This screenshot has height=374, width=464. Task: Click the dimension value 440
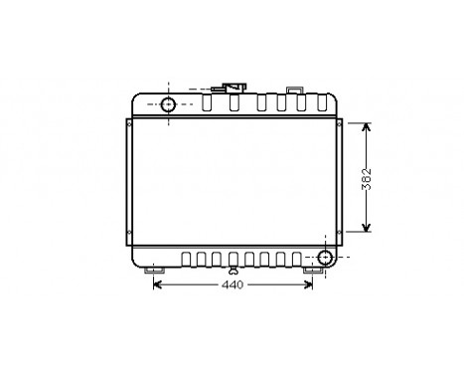pyautogui.click(x=231, y=285)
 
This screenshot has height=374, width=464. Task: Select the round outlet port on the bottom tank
pyautogui.click(x=324, y=260)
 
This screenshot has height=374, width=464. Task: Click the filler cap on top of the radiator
pyautogui.click(x=234, y=88)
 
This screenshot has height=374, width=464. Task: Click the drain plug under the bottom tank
pyautogui.click(x=232, y=271)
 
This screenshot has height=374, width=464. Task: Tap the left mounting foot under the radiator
pyautogui.click(x=155, y=269)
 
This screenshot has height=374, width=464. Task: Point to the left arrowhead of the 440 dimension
pyautogui.click(x=157, y=285)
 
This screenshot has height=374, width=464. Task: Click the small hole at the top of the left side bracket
pyautogui.click(x=130, y=124)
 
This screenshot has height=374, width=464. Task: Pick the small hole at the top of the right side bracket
pyautogui.click(x=341, y=124)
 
